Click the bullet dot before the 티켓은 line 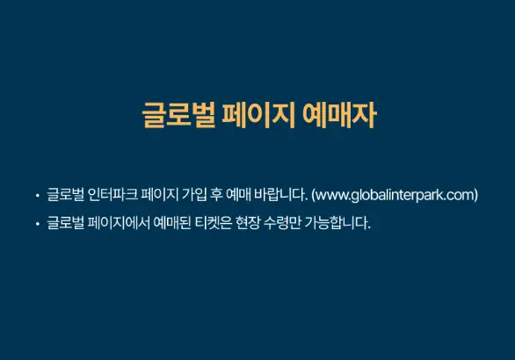pos(37,224)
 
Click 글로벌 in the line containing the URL pos(64,195)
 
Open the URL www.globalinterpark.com pos(395,195)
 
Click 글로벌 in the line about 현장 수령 pos(64,223)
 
